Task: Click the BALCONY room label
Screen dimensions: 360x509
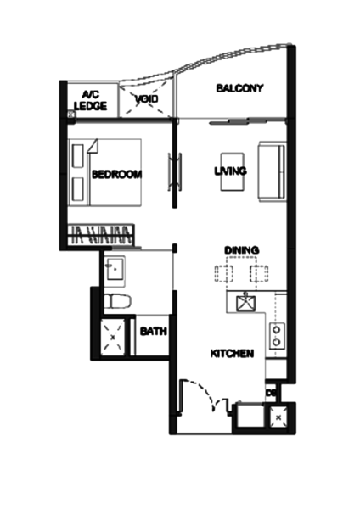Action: (x=239, y=88)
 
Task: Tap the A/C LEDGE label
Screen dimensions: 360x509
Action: (x=91, y=101)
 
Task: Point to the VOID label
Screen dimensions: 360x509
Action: (x=147, y=98)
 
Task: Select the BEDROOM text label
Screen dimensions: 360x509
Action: (x=117, y=174)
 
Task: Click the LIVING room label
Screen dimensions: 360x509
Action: (x=230, y=171)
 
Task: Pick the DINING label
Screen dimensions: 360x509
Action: (x=242, y=250)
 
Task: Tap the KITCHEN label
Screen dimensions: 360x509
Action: (x=232, y=354)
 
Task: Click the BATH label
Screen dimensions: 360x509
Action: (x=154, y=332)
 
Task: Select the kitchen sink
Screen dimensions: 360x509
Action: (x=245, y=303)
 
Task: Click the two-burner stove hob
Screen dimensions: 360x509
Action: (x=277, y=336)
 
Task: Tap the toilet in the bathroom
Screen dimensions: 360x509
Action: (x=117, y=301)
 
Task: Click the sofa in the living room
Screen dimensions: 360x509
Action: (x=273, y=171)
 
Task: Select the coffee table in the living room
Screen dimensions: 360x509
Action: (x=233, y=171)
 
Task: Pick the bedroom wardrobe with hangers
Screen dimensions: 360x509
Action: (x=101, y=234)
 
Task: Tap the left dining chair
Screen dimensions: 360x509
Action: (x=224, y=274)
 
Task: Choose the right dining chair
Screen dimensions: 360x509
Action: (x=259, y=274)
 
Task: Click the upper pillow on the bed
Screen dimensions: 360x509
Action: (x=78, y=156)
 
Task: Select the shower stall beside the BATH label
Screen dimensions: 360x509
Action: (x=113, y=338)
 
